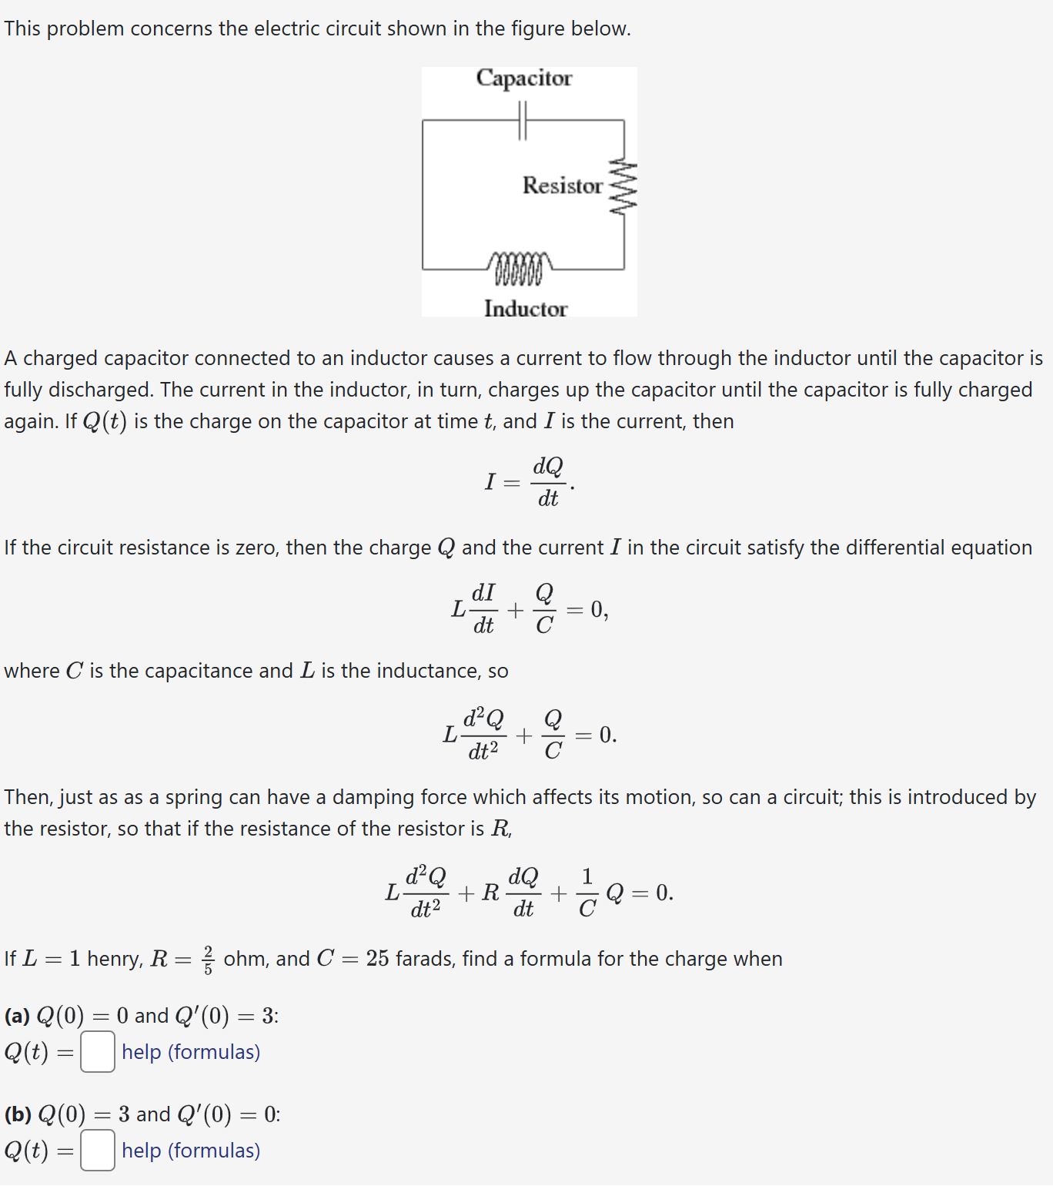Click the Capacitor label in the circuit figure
[524, 79]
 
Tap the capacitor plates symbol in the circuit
[523, 121]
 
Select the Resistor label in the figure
[562, 186]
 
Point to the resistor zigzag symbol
[623, 188]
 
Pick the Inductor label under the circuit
[526, 309]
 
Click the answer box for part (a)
[98, 1052]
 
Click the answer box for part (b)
[98, 1151]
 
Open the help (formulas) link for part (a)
[191, 1052]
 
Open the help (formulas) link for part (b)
[191, 1151]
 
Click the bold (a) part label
[17, 1016]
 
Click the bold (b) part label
[18, 1114]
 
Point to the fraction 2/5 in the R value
[208, 960]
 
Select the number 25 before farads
[377, 959]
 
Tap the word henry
[115, 959]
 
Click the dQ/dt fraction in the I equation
[548, 482]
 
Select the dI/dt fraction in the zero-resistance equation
[483, 608]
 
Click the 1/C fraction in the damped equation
[587, 893]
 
